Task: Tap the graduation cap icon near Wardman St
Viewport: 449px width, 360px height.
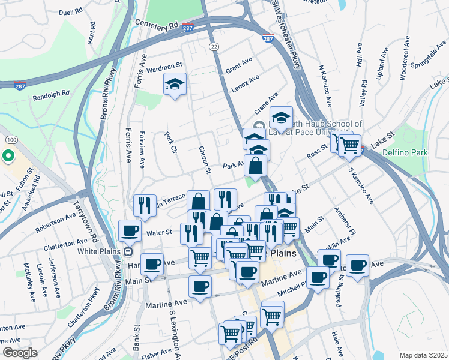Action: click(x=175, y=85)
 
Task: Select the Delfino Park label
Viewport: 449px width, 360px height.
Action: click(x=407, y=153)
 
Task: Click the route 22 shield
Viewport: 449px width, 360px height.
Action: click(x=213, y=46)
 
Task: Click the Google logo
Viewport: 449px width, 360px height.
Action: click(x=20, y=353)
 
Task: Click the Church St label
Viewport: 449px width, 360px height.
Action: click(x=203, y=160)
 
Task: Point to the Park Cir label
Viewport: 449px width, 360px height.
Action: click(x=170, y=144)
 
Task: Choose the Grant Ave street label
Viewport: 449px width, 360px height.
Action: click(x=239, y=67)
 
